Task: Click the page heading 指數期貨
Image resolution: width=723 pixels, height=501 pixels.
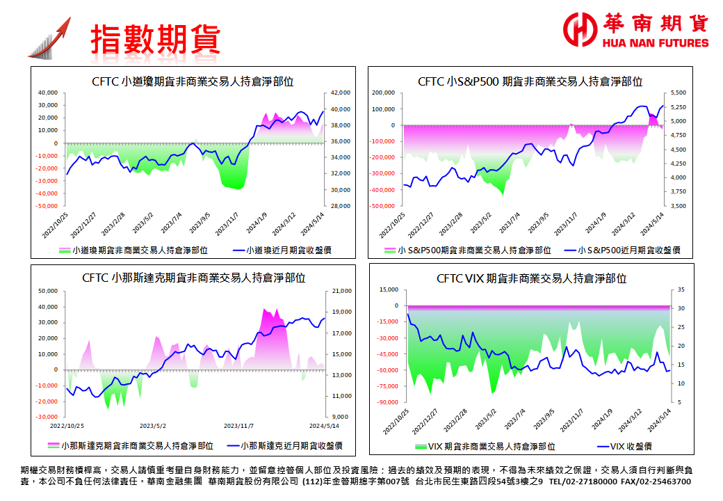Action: (155, 39)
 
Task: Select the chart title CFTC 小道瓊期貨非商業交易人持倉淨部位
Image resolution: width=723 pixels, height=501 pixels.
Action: (193, 81)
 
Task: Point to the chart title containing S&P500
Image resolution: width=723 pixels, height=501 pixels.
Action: (530, 81)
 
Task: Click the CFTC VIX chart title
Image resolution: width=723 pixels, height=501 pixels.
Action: (531, 278)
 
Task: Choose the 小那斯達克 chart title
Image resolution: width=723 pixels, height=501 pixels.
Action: (193, 278)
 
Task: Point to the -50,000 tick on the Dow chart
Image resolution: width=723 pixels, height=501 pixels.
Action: (47, 206)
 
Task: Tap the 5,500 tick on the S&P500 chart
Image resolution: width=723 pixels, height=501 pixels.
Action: (679, 93)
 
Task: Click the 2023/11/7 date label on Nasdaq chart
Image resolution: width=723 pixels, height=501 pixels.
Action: (238, 425)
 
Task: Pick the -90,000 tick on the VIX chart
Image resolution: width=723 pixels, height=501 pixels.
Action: (388, 402)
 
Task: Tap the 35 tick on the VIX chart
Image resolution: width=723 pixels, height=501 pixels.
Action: (681, 289)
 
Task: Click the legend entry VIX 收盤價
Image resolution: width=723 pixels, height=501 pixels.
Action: (626, 446)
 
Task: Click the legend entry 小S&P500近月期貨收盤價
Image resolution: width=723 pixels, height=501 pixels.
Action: (629, 250)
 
